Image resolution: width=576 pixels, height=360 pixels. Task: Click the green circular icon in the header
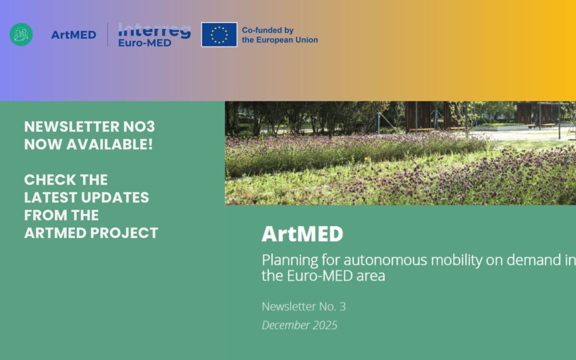(x=21, y=35)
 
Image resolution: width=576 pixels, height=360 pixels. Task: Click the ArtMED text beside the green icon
(x=74, y=35)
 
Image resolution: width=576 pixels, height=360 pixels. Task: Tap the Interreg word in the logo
(x=154, y=30)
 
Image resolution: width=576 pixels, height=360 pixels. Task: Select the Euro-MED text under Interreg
(x=145, y=42)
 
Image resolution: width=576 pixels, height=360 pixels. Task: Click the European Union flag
(x=219, y=35)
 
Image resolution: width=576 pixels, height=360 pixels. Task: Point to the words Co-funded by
(x=268, y=30)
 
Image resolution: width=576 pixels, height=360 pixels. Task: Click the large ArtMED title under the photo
(x=302, y=234)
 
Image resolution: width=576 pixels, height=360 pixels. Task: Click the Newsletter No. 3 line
(x=303, y=307)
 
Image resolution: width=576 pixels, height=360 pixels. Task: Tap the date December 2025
(x=299, y=325)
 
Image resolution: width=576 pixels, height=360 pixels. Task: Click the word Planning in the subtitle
(x=287, y=261)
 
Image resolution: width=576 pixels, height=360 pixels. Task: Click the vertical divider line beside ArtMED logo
(x=108, y=35)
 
